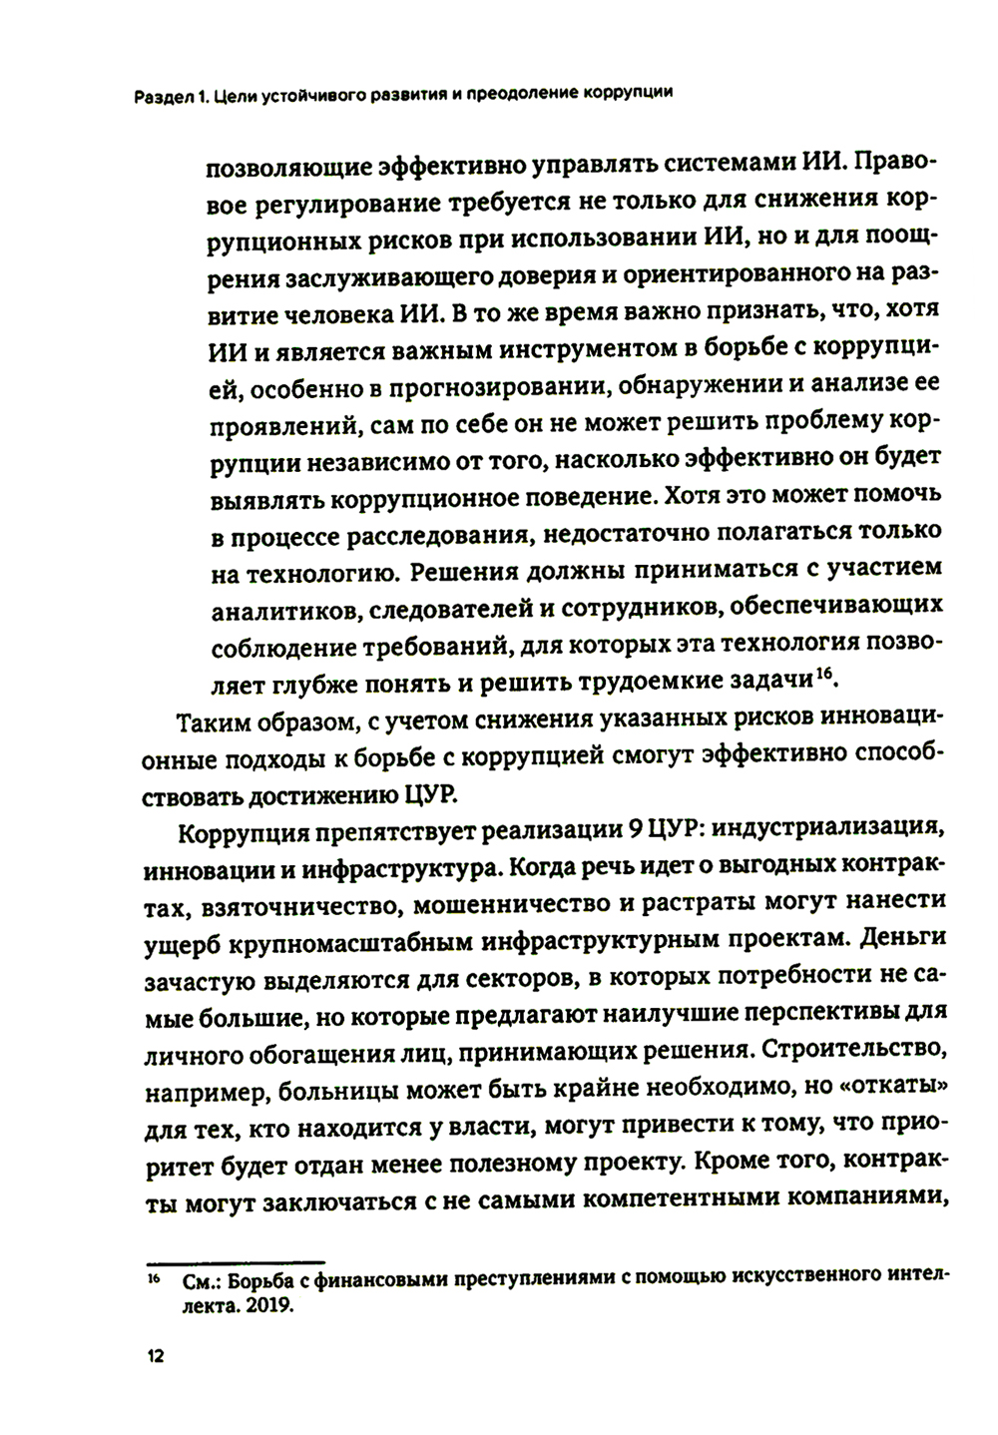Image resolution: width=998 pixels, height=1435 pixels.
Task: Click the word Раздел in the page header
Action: (x=167, y=96)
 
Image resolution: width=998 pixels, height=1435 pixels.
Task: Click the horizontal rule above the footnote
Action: (x=236, y=1261)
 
